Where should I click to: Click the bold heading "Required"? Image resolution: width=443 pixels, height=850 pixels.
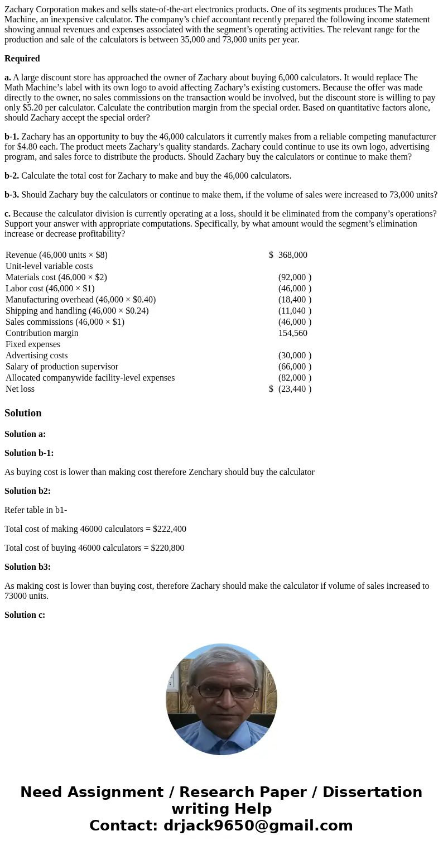click(x=22, y=59)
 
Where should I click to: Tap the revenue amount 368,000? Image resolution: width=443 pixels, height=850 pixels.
click(x=292, y=255)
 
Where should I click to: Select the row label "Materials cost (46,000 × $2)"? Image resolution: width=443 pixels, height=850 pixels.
click(x=56, y=277)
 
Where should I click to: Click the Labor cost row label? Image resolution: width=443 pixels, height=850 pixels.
click(x=50, y=289)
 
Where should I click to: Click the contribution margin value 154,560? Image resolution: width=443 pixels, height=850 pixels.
click(x=292, y=333)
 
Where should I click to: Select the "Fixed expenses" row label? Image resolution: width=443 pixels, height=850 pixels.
click(x=33, y=344)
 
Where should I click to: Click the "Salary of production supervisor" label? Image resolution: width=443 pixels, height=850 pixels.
click(x=62, y=367)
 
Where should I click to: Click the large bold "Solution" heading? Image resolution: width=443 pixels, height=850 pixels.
click(x=23, y=413)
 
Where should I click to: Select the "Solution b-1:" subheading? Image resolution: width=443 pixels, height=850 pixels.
click(x=29, y=453)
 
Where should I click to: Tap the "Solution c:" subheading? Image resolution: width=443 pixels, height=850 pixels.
click(x=25, y=615)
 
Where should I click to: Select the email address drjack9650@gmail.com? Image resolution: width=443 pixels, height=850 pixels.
click(x=258, y=825)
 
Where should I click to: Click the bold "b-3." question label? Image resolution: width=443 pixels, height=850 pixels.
click(x=12, y=195)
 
